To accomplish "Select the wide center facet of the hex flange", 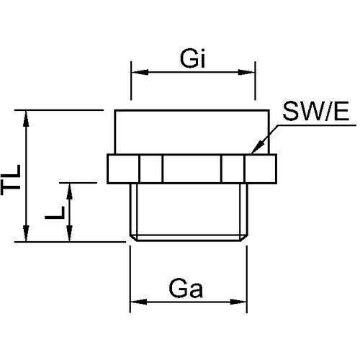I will pos(192,169).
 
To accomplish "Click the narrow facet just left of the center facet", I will pos(152,169).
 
